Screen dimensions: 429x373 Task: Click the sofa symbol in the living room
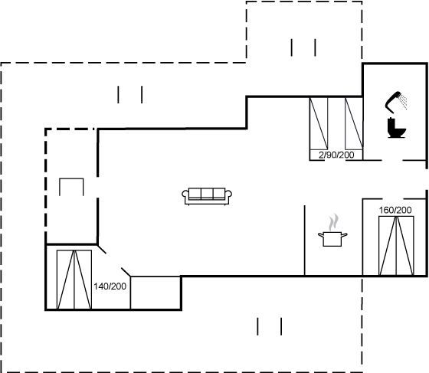207,196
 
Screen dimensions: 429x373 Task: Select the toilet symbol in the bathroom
397,128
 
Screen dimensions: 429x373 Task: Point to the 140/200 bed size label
110,286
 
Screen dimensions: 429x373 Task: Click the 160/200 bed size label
395,210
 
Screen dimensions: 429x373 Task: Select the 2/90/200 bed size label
336,155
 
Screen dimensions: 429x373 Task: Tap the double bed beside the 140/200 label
74,280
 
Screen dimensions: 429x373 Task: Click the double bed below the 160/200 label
396,246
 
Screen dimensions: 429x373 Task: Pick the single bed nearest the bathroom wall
354,124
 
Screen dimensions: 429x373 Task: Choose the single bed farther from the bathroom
319,124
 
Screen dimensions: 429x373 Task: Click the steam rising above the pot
333,222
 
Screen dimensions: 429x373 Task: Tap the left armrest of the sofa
185,195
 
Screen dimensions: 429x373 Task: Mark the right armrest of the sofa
228,195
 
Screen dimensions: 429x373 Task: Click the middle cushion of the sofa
207,194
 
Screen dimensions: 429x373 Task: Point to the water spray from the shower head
403,101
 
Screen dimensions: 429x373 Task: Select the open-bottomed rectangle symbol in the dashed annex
71,179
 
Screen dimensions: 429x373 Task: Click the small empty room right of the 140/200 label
156,293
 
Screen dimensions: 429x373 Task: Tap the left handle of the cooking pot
321,234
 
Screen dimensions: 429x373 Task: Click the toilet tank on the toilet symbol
391,123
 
